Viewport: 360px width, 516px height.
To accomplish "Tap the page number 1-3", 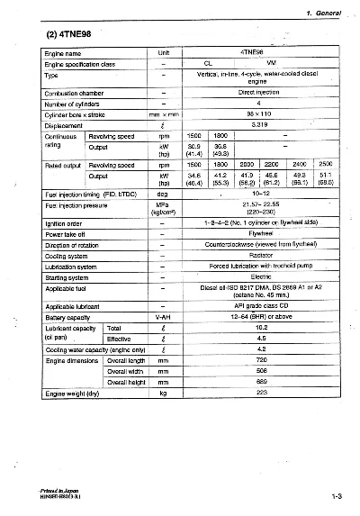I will click(337, 494).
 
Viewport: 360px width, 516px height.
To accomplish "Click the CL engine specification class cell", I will click(207, 64).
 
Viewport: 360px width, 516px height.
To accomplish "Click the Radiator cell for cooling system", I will click(260, 254).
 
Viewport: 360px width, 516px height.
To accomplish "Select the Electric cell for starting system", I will click(260, 276).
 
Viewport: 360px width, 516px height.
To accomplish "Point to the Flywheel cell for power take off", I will click(260, 232).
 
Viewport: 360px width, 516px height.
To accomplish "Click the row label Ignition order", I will click(64, 222).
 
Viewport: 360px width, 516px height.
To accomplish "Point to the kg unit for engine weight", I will click(163, 393).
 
